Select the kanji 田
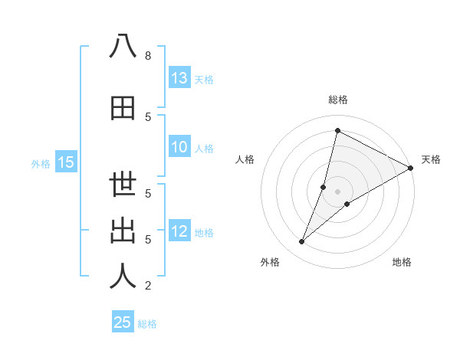(x=123, y=108)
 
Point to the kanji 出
(x=123, y=231)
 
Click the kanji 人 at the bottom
(x=123, y=277)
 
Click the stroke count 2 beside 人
(x=147, y=286)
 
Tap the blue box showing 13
(x=179, y=77)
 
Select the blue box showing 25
(x=123, y=322)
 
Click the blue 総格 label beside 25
(x=147, y=324)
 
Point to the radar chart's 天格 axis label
(x=431, y=159)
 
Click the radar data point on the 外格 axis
(x=301, y=242)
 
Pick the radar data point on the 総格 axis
(x=337, y=131)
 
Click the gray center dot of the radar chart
(x=337, y=191)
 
